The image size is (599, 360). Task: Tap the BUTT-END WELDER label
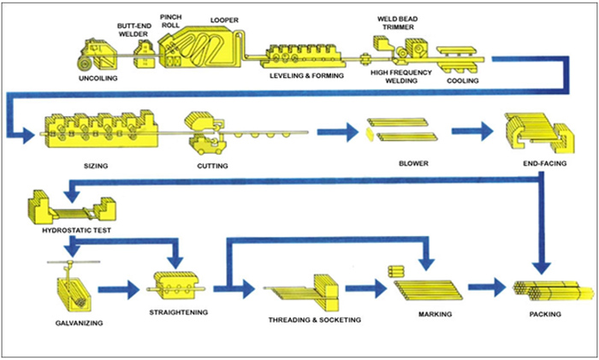pyautogui.click(x=134, y=32)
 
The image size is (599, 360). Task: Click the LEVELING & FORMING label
pyautogui.click(x=306, y=77)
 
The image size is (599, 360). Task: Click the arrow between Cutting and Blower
pyautogui.click(x=335, y=132)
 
